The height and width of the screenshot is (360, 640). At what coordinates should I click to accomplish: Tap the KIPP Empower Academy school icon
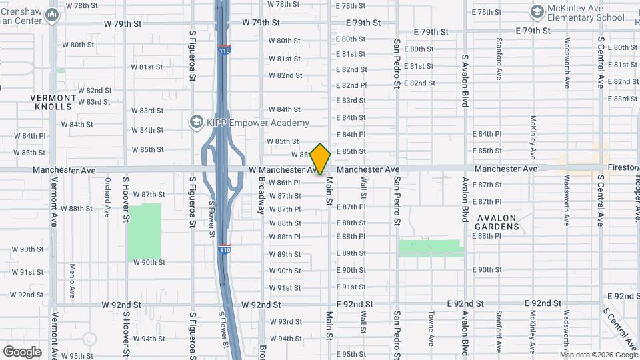tap(196, 122)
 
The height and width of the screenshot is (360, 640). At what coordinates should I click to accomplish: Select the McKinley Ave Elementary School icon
tap(537, 11)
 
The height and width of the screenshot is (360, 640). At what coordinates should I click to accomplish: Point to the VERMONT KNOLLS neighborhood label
tap(53, 102)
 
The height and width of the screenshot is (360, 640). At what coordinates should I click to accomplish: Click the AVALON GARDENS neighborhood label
tap(497, 222)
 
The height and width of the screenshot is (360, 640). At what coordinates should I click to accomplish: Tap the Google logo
tap(22, 351)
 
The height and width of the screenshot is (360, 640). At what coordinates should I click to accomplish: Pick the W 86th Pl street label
tap(285, 183)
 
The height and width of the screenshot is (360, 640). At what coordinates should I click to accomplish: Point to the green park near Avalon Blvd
tap(431, 248)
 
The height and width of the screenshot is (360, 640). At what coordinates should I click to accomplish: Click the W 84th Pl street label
tap(32, 136)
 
